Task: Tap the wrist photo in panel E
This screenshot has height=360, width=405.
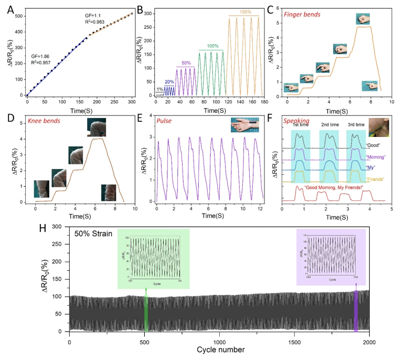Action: coord(247,126)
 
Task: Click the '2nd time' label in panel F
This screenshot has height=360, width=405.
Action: coord(330,125)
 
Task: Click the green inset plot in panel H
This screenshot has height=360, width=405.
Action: coord(153,258)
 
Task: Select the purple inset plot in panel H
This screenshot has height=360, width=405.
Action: coord(331,256)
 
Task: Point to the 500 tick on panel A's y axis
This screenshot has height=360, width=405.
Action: coord(19,16)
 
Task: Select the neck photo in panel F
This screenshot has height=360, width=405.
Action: coord(379,128)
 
